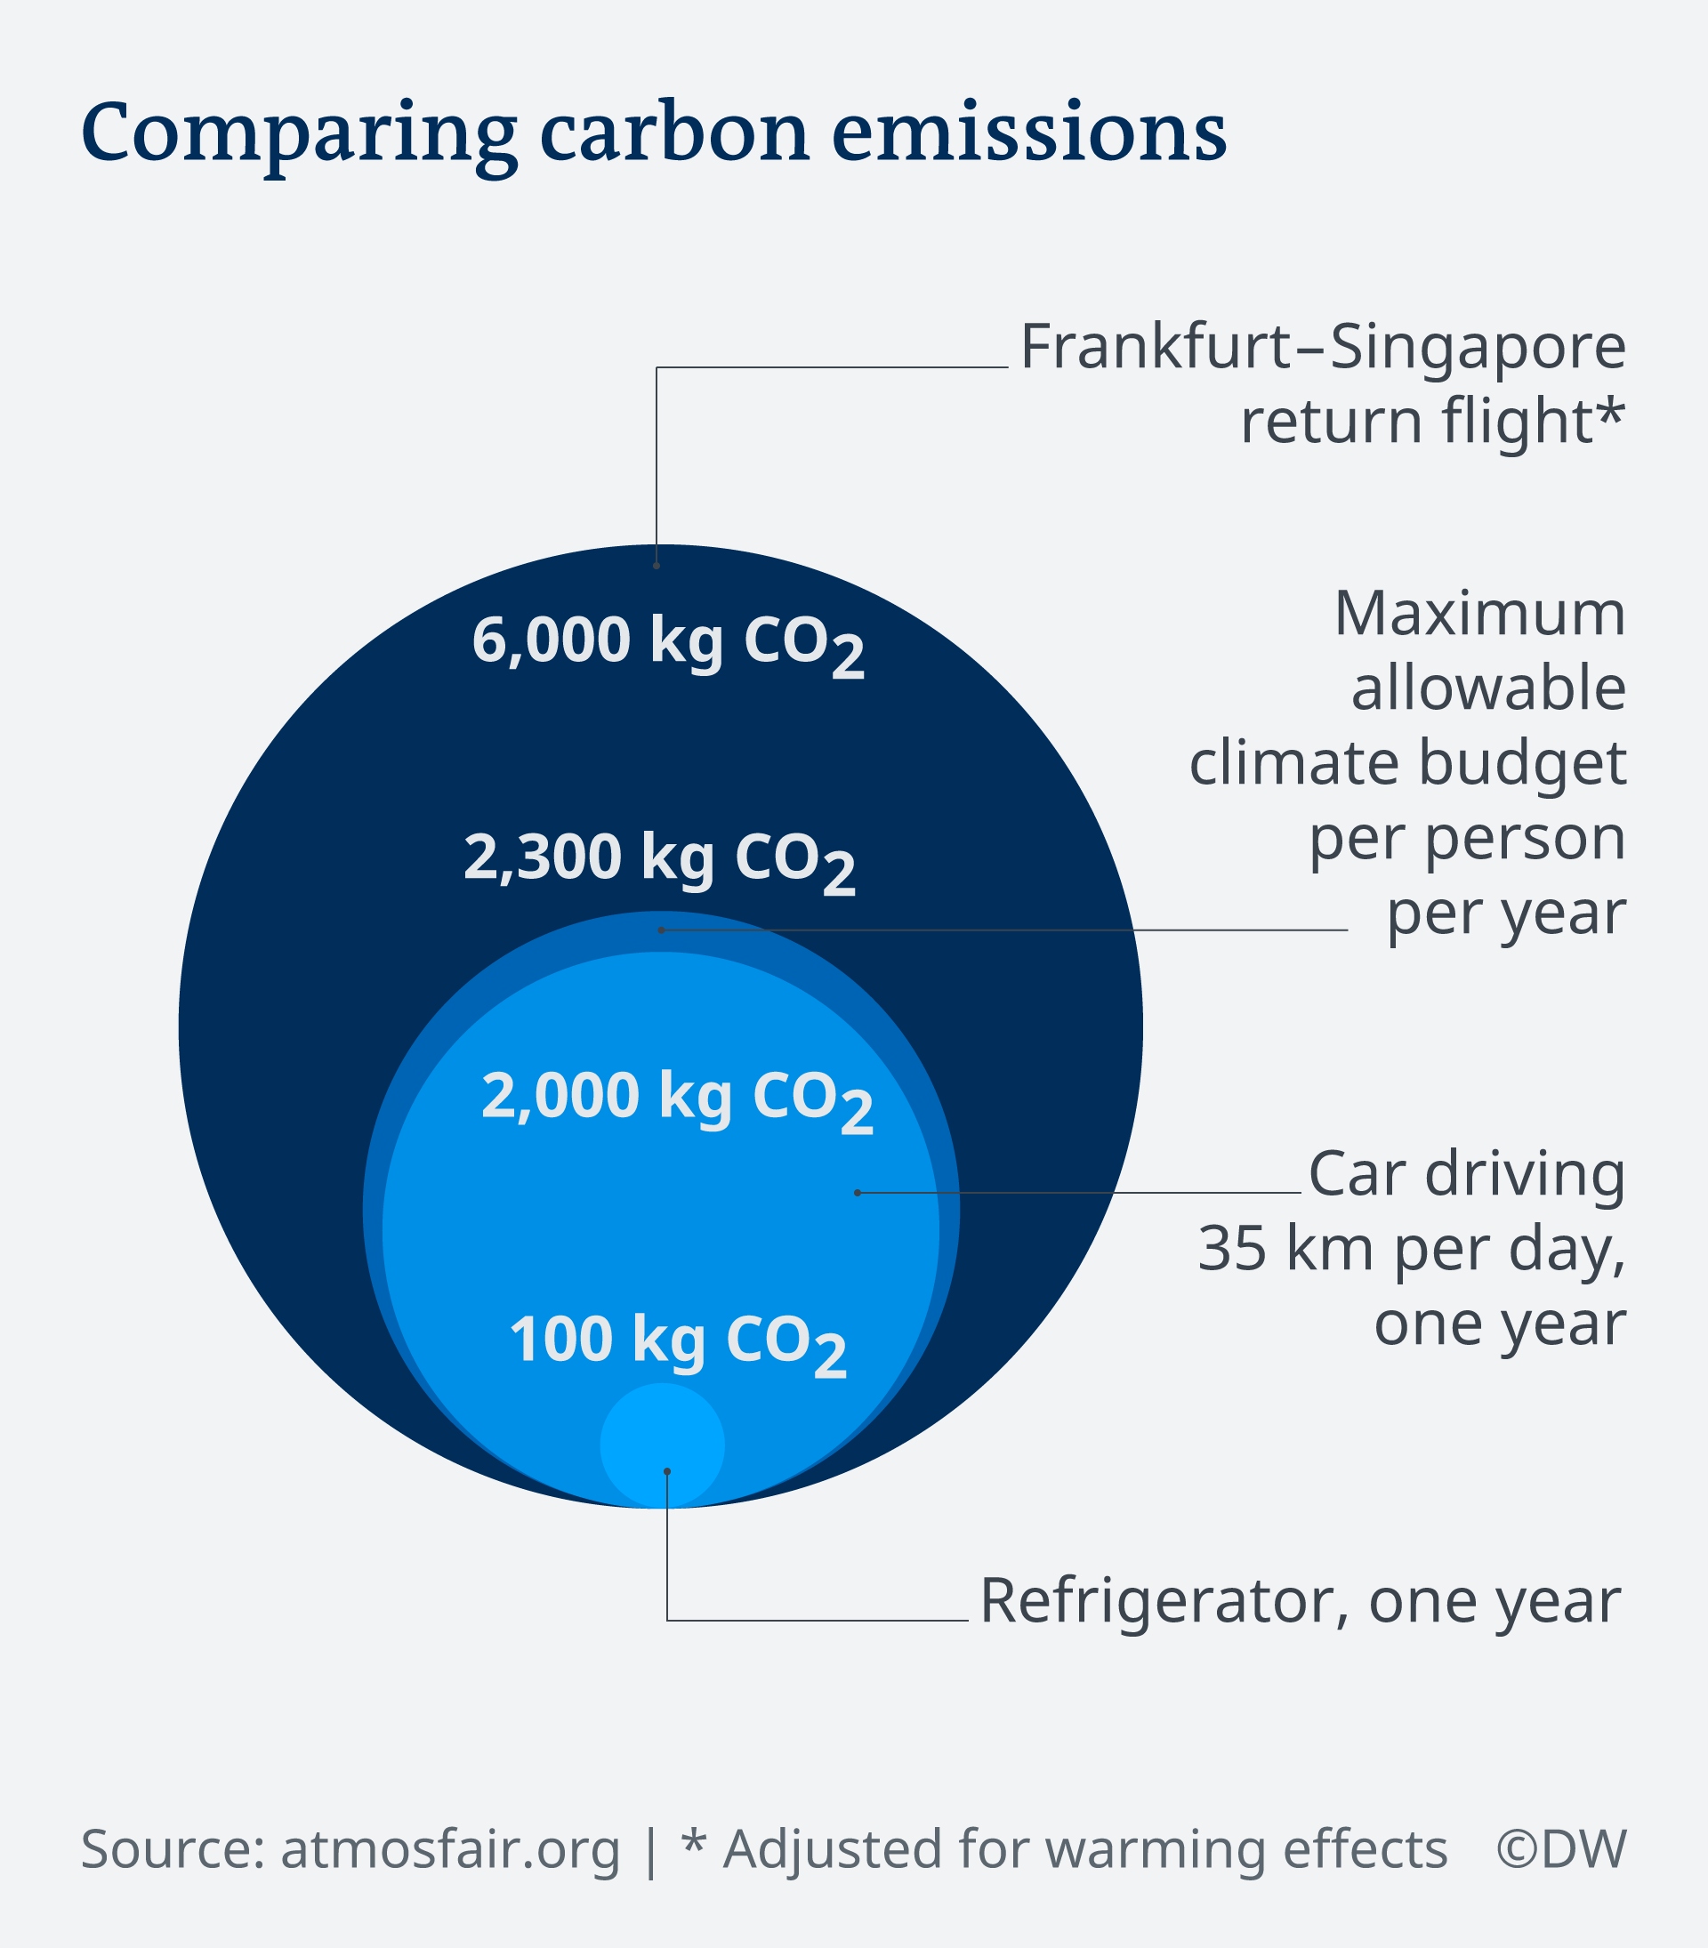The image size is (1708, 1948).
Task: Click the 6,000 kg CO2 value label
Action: [668, 645]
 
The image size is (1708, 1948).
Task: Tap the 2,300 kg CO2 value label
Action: [659, 862]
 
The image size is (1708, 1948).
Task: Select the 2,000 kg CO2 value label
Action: [678, 1101]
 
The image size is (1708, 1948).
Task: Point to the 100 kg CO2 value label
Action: [678, 1345]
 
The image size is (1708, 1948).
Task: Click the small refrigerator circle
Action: [663, 1445]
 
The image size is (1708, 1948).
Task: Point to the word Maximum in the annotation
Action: [1480, 613]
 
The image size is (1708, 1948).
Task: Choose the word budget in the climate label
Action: [1522, 764]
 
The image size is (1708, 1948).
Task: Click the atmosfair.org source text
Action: [450, 1850]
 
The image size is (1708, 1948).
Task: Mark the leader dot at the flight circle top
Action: [657, 566]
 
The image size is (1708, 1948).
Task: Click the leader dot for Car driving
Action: [858, 1193]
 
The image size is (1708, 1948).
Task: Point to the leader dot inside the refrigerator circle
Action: [667, 1471]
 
